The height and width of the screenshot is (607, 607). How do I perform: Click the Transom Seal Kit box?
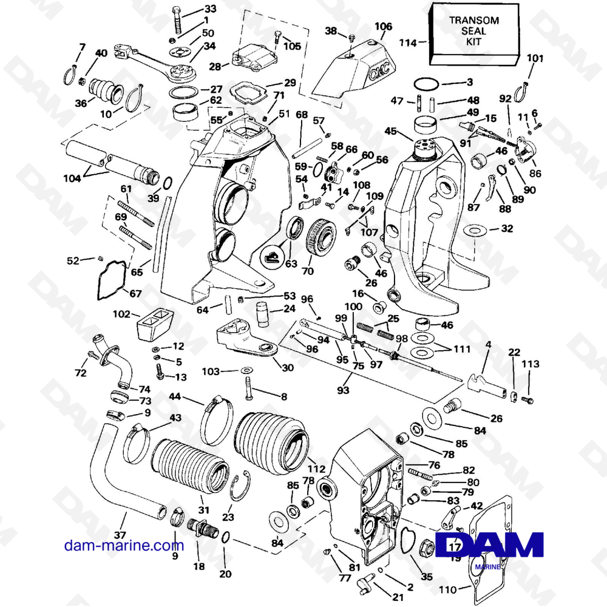[475, 33]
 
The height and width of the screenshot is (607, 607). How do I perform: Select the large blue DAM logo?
[490, 545]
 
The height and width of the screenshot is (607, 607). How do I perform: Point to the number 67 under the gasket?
[135, 294]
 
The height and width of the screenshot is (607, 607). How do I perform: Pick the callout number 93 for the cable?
[344, 390]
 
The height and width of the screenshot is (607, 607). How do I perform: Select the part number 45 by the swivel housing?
[390, 131]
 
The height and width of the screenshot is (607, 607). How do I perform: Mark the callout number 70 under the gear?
[308, 271]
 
